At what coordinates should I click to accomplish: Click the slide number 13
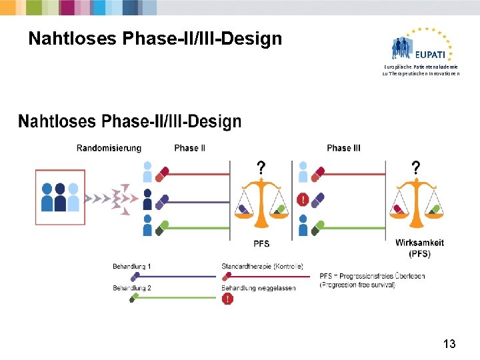click(449, 344)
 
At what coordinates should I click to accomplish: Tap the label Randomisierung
click(109, 147)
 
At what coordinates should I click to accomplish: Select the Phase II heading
click(189, 147)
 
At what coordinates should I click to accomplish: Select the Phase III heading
click(343, 147)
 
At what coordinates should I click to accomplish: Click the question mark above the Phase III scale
click(416, 167)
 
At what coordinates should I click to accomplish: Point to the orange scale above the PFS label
click(261, 203)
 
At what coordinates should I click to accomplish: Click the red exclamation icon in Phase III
click(303, 199)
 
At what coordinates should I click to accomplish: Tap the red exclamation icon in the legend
click(228, 299)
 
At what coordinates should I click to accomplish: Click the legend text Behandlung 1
click(131, 267)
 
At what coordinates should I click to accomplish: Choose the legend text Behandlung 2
click(131, 288)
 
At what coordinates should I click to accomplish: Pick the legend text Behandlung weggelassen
click(258, 288)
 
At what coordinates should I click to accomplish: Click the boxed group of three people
click(60, 197)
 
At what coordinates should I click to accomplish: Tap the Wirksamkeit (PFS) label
click(419, 248)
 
